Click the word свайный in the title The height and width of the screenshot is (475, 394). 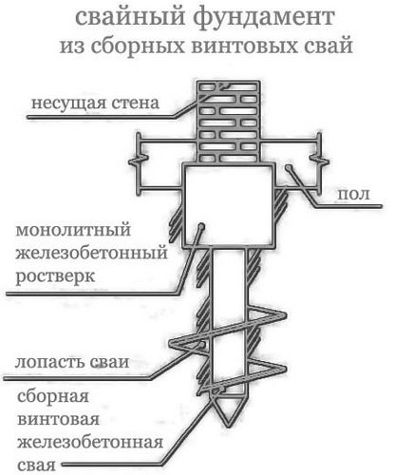pyautogui.click(x=130, y=18)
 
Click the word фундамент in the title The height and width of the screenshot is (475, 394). pyautogui.click(x=264, y=18)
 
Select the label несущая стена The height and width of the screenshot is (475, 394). pyautogui.click(x=95, y=103)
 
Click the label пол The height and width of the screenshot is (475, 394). pyautogui.click(x=354, y=194)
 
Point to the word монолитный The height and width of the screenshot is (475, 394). pyautogui.click(x=73, y=230)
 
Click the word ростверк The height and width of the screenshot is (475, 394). pyautogui.click(x=55, y=276)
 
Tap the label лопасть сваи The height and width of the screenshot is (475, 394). pyautogui.click(x=72, y=362)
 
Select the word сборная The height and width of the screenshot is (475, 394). pyautogui.click(x=53, y=396)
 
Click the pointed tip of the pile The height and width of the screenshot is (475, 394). pyautogui.click(x=227, y=425)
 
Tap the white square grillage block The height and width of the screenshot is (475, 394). pyautogui.click(x=229, y=206)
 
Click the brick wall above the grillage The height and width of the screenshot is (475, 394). pyautogui.click(x=228, y=122)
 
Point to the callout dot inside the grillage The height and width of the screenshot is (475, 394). pyautogui.click(x=201, y=226)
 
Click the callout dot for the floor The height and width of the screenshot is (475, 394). pyautogui.click(x=288, y=167)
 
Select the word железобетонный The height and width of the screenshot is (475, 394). pyautogui.click(x=91, y=254)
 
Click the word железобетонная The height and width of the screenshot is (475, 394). pyautogui.click(x=90, y=443)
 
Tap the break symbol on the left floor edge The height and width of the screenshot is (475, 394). pyautogui.click(x=139, y=161)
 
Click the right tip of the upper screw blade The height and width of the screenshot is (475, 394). pyautogui.click(x=285, y=315)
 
